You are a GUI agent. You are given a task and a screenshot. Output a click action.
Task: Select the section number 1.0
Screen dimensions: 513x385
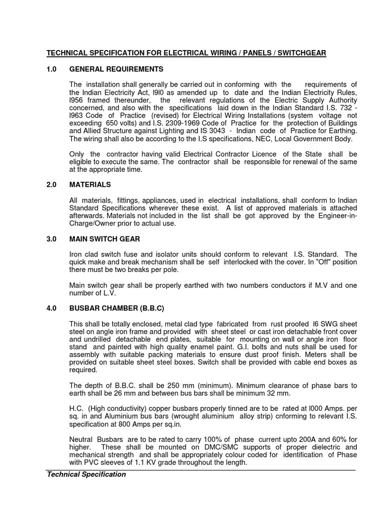pos(52,69)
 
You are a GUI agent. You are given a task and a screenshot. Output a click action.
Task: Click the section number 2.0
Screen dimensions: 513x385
pos(52,185)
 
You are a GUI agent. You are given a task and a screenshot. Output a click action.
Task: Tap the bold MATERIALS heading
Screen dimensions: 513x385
pos(90,185)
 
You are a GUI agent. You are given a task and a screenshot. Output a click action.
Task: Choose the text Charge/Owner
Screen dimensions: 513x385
pos(92,223)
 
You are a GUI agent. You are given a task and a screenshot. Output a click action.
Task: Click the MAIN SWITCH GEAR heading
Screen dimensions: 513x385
pos(105,239)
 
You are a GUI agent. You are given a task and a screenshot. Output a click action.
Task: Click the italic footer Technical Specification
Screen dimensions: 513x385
pos(86,474)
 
